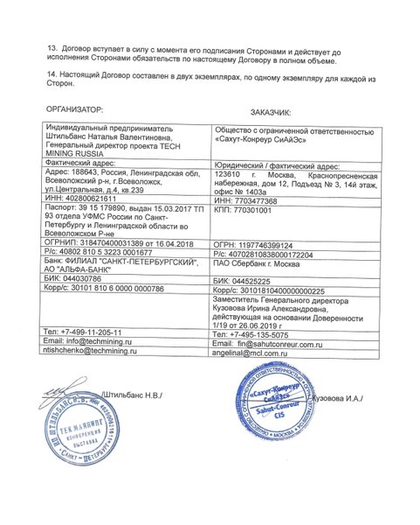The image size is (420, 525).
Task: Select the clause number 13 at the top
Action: coord(52,51)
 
